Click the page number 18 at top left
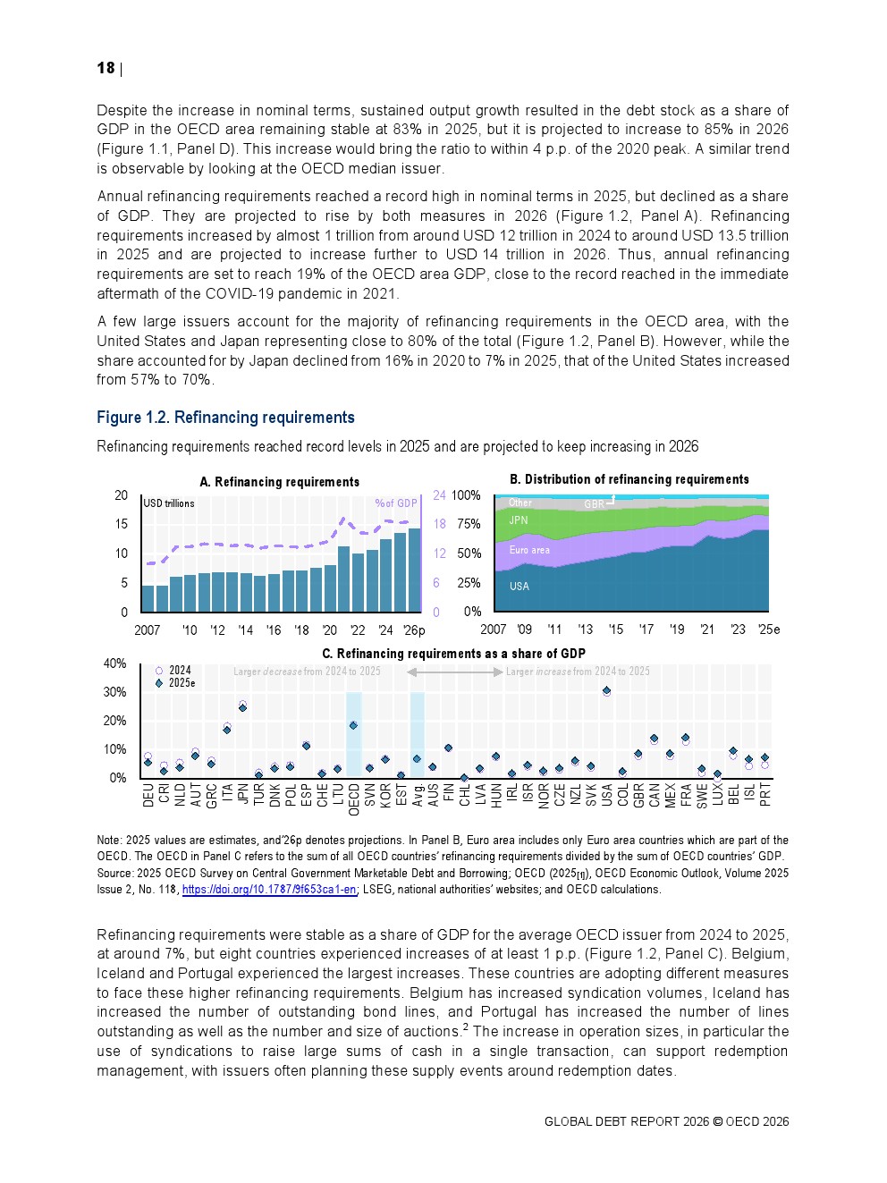click(x=106, y=68)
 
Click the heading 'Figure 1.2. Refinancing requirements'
click(x=225, y=418)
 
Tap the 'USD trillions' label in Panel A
click(x=169, y=503)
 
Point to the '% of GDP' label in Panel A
click(x=395, y=503)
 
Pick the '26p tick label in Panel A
click(x=413, y=630)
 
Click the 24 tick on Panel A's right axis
click(x=439, y=495)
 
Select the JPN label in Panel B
click(x=519, y=520)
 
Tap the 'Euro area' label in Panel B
click(x=529, y=550)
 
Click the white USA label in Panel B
click(x=520, y=587)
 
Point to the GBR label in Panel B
click(x=594, y=504)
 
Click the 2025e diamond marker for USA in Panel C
click(x=607, y=690)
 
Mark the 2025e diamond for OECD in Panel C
click(x=353, y=725)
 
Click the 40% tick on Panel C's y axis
click(x=115, y=663)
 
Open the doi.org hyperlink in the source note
click(x=269, y=890)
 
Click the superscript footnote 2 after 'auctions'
click(x=466, y=1027)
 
